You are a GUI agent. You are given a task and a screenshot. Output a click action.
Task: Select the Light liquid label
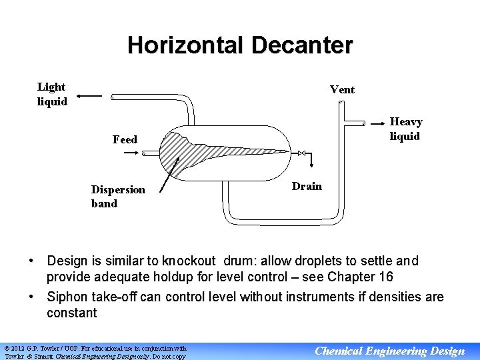(52, 94)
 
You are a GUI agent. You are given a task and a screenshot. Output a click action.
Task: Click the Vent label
(342, 89)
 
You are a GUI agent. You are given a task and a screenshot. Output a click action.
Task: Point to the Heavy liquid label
(405, 129)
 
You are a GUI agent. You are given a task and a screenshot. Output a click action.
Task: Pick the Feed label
(125, 139)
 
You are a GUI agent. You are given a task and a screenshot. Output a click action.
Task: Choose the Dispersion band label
(118, 196)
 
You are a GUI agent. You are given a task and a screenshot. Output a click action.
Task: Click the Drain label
(307, 186)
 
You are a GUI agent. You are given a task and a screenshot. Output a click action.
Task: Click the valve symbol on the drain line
(302, 153)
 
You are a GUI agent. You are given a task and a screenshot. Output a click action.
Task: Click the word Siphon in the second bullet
(67, 297)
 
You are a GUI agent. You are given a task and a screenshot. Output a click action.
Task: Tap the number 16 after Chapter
(385, 277)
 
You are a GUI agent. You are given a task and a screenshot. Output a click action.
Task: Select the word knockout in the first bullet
(187, 261)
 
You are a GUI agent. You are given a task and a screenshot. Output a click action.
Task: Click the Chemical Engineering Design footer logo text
(389, 351)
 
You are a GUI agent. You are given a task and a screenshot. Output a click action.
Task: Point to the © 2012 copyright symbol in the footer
(7, 348)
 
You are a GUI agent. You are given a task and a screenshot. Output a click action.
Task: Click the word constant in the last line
(72, 313)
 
